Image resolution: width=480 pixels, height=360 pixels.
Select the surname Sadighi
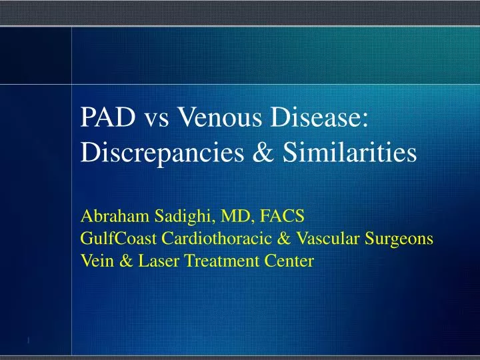tap(167, 216)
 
